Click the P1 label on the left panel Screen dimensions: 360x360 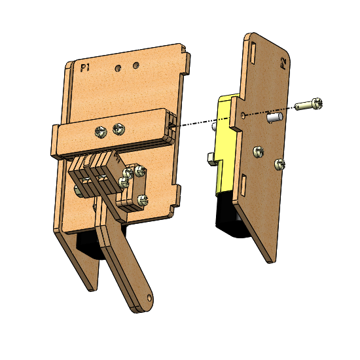click(x=84, y=67)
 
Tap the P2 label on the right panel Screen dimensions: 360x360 click(x=283, y=63)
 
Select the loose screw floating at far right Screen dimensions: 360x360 click(x=308, y=104)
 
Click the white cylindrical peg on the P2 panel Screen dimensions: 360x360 click(x=275, y=117)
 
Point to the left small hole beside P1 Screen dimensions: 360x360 click(x=118, y=68)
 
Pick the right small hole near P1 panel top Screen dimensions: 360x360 click(x=136, y=65)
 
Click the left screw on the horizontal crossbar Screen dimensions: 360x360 click(x=101, y=132)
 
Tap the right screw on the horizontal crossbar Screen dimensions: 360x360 click(x=118, y=129)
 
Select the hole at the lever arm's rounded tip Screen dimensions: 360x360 click(x=149, y=298)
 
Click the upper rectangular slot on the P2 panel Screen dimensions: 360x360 click(x=253, y=53)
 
